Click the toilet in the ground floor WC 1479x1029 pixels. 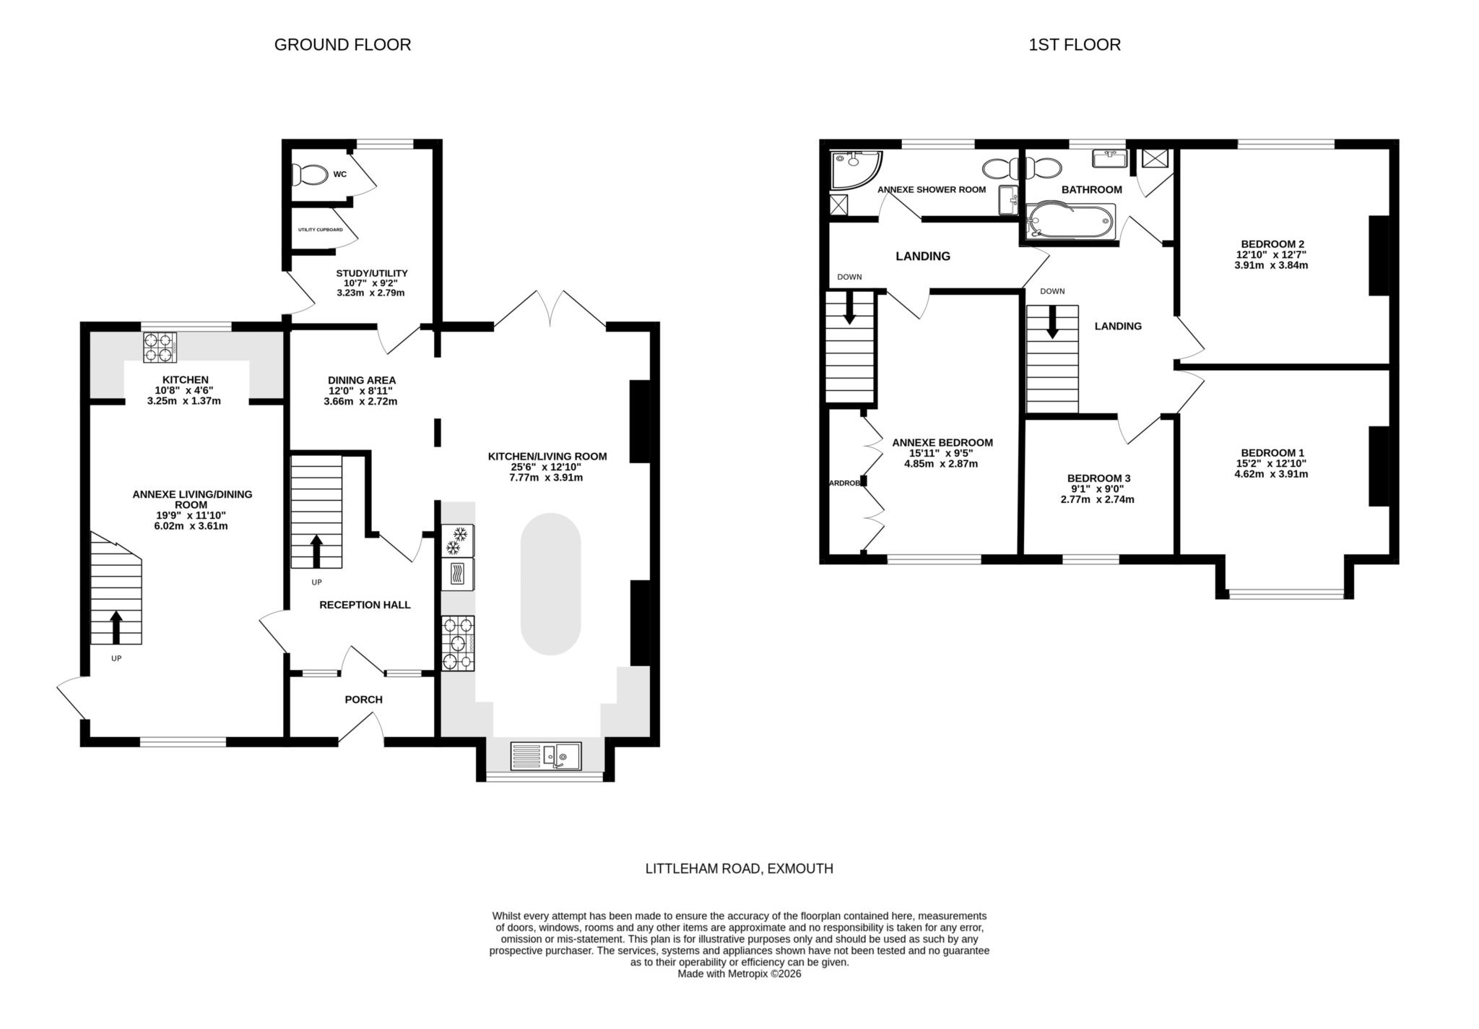(308, 174)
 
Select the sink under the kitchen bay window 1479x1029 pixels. (545, 756)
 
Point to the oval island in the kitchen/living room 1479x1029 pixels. (550, 584)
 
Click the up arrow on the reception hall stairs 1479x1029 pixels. (316, 551)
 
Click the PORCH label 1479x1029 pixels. (363, 699)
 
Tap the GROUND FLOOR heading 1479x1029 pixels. (342, 45)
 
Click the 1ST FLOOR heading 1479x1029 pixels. (1075, 45)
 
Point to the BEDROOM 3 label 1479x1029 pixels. (1098, 478)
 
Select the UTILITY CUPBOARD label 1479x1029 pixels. (320, 230)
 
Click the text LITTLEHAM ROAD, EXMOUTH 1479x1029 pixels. (739, 869)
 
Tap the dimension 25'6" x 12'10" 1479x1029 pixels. (547, 467)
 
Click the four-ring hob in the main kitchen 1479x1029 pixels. (458, 643)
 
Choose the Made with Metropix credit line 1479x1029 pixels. (739, 974)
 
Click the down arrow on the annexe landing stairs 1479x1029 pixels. (849, 308)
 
